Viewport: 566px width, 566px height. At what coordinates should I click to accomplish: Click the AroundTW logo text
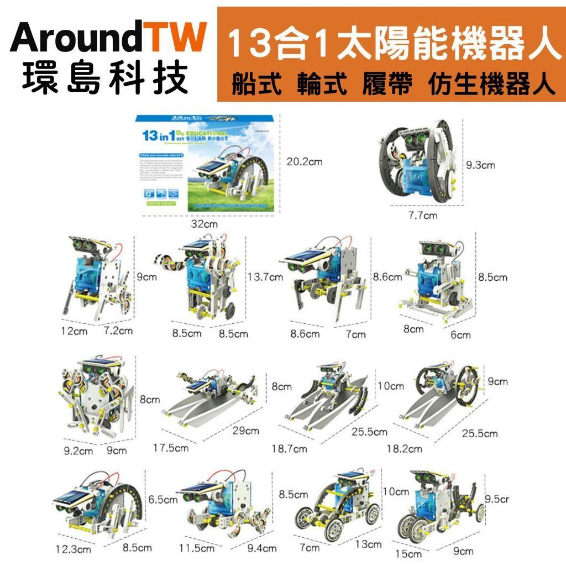coord(108,38)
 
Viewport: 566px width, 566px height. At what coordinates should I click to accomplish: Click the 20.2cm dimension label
coord(304,161)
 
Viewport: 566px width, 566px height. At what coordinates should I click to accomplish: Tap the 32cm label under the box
coord(204,224)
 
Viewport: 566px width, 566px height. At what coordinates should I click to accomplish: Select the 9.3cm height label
coord(480,165)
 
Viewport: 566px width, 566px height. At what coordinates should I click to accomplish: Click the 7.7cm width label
coord(422,215)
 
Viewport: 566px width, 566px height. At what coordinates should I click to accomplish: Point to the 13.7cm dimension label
coord(265,276)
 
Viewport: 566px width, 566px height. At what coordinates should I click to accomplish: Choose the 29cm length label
coord(245,431)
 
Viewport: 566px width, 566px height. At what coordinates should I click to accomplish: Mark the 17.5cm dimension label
coord(170,448)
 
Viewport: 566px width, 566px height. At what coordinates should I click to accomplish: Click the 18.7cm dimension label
coord(289,449)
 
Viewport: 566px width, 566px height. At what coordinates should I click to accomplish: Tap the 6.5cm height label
coord(163,500)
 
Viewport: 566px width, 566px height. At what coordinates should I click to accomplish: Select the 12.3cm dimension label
coord(73,549)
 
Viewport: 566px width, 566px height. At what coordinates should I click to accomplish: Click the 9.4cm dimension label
coord(261,548)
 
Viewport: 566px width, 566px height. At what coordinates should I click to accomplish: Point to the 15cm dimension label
coord(409,553)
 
